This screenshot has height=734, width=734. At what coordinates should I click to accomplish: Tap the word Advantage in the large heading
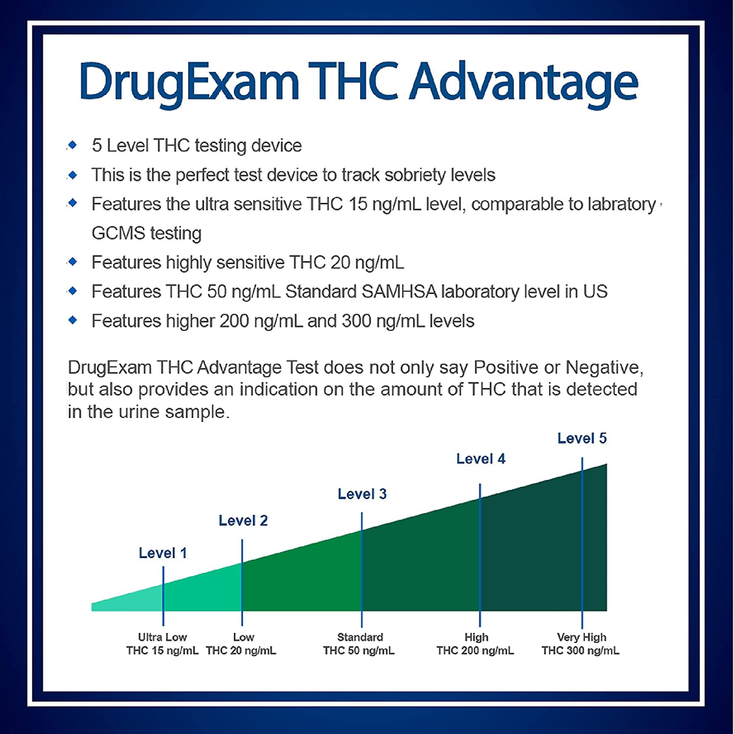[524, 84]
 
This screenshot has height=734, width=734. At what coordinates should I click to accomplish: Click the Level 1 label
[162, 553]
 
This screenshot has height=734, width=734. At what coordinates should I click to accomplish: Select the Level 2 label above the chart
[243, 520]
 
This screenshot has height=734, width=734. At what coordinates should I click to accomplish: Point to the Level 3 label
[362, 494]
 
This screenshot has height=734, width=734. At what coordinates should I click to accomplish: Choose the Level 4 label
[481, 458]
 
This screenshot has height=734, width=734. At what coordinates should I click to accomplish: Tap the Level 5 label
[582, 439]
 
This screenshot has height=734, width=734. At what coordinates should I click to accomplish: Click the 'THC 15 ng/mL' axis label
[162, 651]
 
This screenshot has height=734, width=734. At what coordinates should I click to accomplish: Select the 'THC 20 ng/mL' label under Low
[241, 651]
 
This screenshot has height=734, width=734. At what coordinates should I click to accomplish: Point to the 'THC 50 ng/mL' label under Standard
[359, 651]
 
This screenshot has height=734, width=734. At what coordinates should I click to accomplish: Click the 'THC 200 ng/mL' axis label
[475, 651]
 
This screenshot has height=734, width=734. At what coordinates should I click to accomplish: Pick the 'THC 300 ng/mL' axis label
[580, 651]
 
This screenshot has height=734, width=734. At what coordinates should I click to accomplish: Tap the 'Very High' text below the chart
[581, 638]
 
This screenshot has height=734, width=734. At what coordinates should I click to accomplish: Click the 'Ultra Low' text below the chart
[162, 637]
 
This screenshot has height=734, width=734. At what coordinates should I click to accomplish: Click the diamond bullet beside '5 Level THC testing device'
[73, 145]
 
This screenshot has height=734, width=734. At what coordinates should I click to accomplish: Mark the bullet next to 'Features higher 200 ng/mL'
[73, 320]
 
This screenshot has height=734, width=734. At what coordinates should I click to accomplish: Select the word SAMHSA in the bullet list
[399, 292]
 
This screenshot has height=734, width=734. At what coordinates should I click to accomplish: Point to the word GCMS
[118, 233]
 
